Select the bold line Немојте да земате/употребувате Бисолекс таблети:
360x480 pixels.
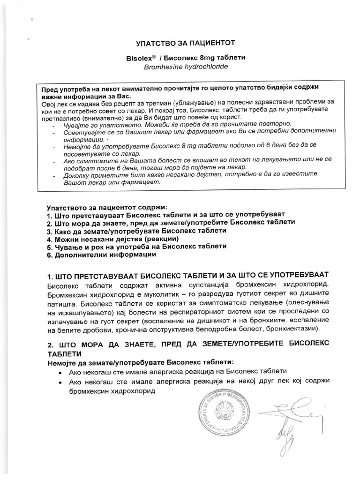tap(140, 362)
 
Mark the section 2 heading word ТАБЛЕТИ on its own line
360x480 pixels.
tap(64, 353)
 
